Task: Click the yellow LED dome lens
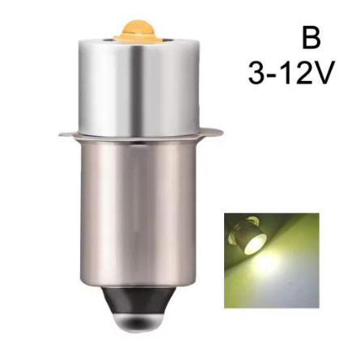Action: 138,28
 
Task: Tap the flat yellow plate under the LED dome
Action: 138,38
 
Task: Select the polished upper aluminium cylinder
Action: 138,87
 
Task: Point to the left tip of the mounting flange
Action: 59,134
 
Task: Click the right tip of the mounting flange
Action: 223,132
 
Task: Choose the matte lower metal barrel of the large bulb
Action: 140,213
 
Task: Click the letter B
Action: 311,39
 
